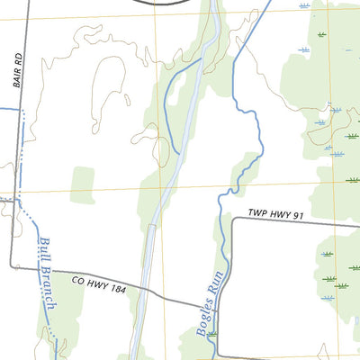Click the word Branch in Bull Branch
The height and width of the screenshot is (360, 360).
tap(49, 286)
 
